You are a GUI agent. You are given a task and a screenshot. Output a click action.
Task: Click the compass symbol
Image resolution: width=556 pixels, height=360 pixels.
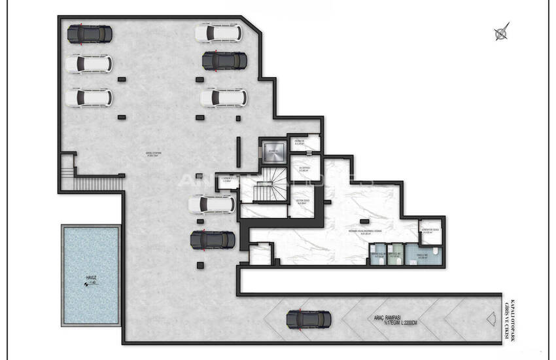click(x=502, y=32)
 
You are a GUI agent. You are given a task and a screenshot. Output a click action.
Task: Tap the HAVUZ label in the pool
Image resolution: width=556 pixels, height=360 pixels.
click(x=90, y=278)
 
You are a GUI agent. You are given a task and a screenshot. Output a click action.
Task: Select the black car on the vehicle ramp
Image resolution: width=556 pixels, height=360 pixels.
click(x=309, y=319)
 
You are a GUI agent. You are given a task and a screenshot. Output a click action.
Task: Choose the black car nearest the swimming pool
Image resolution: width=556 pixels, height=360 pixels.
click(x=213, y=240)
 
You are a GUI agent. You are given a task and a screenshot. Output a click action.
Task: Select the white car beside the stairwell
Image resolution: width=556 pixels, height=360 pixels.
click(x=211, y=204)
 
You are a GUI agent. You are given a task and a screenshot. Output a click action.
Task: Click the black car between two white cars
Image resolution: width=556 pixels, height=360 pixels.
click(x=224, y=61)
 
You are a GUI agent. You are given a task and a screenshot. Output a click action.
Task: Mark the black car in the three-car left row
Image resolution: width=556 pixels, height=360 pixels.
click(x=89, y=33)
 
